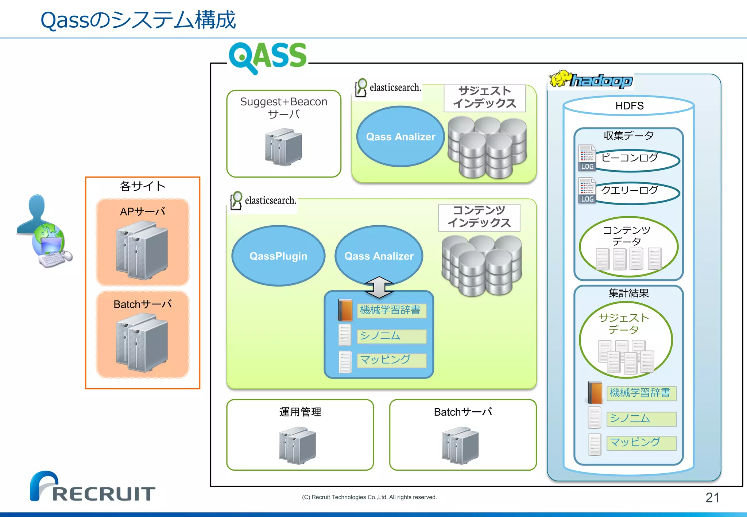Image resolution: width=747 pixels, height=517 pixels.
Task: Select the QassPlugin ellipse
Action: [x=278, y=256]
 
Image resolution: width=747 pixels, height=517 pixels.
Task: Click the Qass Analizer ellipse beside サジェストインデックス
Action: [x=400, y=137]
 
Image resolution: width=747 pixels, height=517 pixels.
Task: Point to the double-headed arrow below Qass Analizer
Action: [x=379, y=287]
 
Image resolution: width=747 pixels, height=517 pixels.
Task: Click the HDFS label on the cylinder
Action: [x=629, y=106]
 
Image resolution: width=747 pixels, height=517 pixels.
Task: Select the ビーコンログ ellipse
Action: [x=636, y=160]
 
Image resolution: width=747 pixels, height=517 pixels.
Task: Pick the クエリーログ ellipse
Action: [x=636, y=192]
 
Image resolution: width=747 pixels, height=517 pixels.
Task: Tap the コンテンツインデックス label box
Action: [x=479, y=217]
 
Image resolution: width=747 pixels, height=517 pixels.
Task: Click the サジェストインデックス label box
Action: [x=484, y=98]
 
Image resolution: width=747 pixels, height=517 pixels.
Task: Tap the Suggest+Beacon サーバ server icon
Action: [x=283, y=147]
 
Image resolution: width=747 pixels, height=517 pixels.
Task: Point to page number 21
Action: [x=712, y=497]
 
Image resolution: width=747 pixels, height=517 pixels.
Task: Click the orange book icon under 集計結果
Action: [x=595, y=393]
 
